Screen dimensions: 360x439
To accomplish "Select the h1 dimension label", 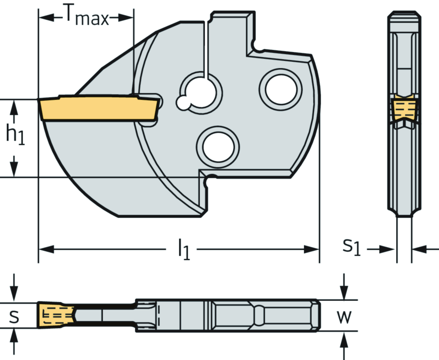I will pos(15,134).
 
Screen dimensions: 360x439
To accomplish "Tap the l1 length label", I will pos(183,250).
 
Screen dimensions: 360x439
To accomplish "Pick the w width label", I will pos(344,317).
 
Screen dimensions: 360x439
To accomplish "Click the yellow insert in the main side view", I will pos(99,108).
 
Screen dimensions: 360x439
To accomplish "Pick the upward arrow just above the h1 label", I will pos(14,108).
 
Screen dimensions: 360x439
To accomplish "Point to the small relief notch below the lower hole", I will pos(209,180).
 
